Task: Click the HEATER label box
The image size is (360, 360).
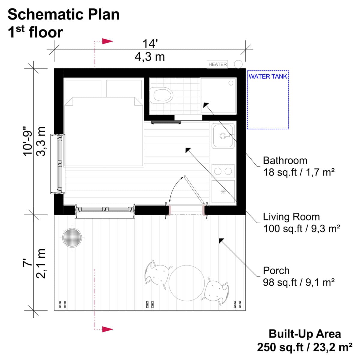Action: tap(217, 64)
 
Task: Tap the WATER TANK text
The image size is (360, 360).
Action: tap(268, 76)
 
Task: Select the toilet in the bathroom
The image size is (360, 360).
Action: tap(162, 95)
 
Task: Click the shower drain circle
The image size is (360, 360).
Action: tap(231, 83)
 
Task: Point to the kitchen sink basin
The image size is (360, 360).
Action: tap(223, 136)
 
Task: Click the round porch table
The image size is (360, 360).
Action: tap(187, 283)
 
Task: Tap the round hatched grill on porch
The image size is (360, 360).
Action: tap(72, 238)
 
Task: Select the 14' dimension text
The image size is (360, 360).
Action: tap(150, 44)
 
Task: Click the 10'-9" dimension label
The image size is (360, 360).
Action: tap(28, 141)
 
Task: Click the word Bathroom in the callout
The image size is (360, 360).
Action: tap(285, 160)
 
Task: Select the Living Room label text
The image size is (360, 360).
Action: tap(291, 217)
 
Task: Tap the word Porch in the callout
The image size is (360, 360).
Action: tap(276, 271)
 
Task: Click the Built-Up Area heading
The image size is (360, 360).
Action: tap(304, 334)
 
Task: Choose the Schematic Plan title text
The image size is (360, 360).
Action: tap(64, 14)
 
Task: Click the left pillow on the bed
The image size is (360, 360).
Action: tap(83, 89)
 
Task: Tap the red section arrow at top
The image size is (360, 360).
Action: tap(107, 41)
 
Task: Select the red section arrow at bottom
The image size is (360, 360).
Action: tap(107, 329)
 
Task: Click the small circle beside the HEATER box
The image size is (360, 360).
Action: tap(238, 64)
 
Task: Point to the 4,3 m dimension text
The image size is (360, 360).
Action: tap(150, 57)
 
